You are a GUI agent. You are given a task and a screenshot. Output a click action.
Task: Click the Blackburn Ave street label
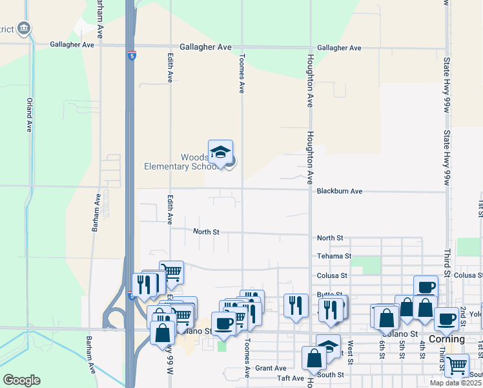(x=339, y=191)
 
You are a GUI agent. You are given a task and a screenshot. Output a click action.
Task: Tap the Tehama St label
(x=334, y=256)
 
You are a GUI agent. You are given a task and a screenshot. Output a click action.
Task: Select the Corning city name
(x=447, y=339)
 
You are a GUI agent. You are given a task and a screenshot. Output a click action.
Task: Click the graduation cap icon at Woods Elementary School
(x=220, y=153)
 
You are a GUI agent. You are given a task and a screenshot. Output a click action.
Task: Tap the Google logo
(x=21, y=380)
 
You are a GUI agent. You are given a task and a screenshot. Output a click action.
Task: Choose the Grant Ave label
(x=271, y=368)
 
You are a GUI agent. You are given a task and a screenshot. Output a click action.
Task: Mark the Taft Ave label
(x=290, y=378)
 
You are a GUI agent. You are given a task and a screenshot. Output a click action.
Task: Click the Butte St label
(x=329, y=294)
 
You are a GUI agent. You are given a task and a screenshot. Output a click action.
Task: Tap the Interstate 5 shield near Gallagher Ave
(x=132, y=56)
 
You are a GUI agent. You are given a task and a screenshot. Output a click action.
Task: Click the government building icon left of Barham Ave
(x=24, y=28)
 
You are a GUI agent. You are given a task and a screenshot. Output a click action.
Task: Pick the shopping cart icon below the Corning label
(x=457, y=365)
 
